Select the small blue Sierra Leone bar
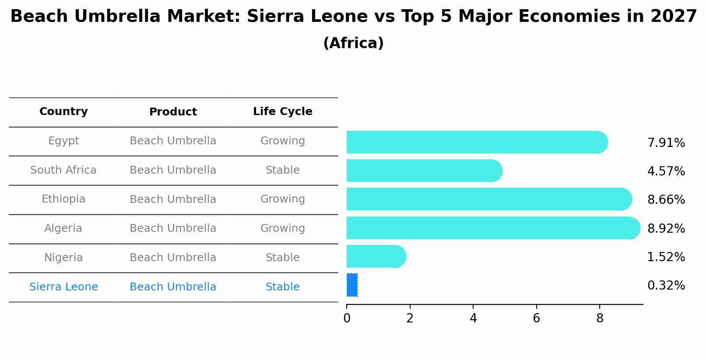352,285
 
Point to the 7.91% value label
666,143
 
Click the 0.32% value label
666,286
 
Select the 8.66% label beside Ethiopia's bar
666,200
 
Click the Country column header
63,112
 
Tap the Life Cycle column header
282,112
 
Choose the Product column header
173,112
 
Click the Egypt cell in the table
63,141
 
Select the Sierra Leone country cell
63,287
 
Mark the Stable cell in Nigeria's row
282,258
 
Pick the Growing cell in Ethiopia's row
282,199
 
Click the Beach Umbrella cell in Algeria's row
173,228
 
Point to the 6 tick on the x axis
536,318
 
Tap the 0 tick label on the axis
347,318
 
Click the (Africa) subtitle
353,43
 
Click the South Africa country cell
63,170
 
